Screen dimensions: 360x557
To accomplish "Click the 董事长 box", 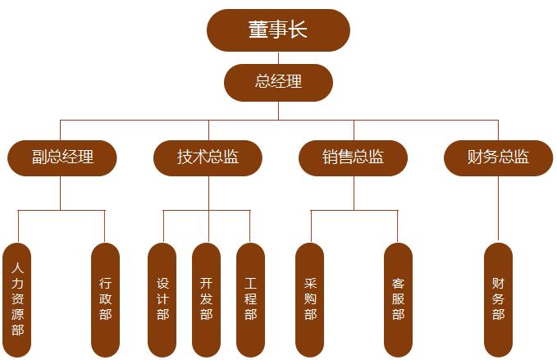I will click(x=278, y=30).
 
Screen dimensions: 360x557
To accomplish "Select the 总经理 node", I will click(x=278, y=82).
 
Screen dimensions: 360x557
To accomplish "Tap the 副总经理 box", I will click(x=62, y=157).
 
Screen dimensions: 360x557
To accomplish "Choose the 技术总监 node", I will click(x=208, y=157).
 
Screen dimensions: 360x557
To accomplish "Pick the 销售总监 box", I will click(x=354, y=157).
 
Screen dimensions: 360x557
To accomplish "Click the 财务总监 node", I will click(x=498, y=157).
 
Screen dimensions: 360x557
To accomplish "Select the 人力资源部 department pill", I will click(x=18, y=299).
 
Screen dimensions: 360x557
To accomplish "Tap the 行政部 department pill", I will click(x=105, y=299).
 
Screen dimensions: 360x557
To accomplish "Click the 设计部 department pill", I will click(x=162, y=299).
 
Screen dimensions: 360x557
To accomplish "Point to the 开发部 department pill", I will click(x=207, y=299).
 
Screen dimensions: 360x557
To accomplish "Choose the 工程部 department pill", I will click(x=250, y=299).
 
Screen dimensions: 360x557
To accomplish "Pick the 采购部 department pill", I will click(x=310, y=299).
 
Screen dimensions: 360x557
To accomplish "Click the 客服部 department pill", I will click(x=398, y=299).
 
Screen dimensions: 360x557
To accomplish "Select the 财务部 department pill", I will click(x=498, y=299).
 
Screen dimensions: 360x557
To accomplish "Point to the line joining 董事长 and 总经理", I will click(x=278, y=57).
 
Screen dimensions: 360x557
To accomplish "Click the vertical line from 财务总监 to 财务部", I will click(x=498, y=209).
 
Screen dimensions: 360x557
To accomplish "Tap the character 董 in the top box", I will click(x=258, y=30).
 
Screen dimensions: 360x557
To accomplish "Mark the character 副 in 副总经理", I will click(x=39, y=157).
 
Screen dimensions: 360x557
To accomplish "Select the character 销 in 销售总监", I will click(x=331, y=157).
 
